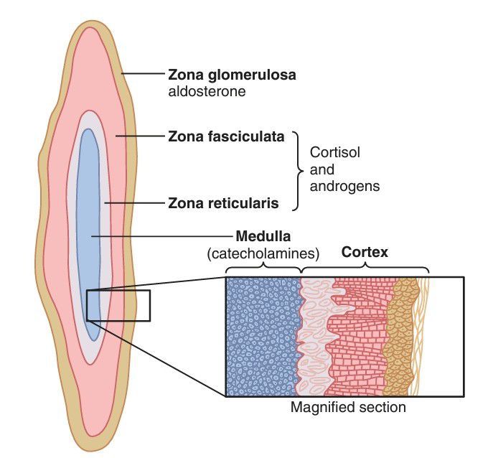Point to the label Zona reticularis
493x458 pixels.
pyautogui.click(x=222, y=203)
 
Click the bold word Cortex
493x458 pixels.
pyautogui.click(x=365, y=253)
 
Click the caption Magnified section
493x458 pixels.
pyautogui.click(x=348, y=408)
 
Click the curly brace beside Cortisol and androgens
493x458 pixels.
pyautogui.click(x=298, y=170)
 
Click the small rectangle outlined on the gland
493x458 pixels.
pyautogui.click(x=118, y=305)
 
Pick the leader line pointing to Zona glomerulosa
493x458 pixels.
pyautogui.click(x=144, y=74)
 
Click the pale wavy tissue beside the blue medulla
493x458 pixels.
pyautogui.click(x=314, y=336)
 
